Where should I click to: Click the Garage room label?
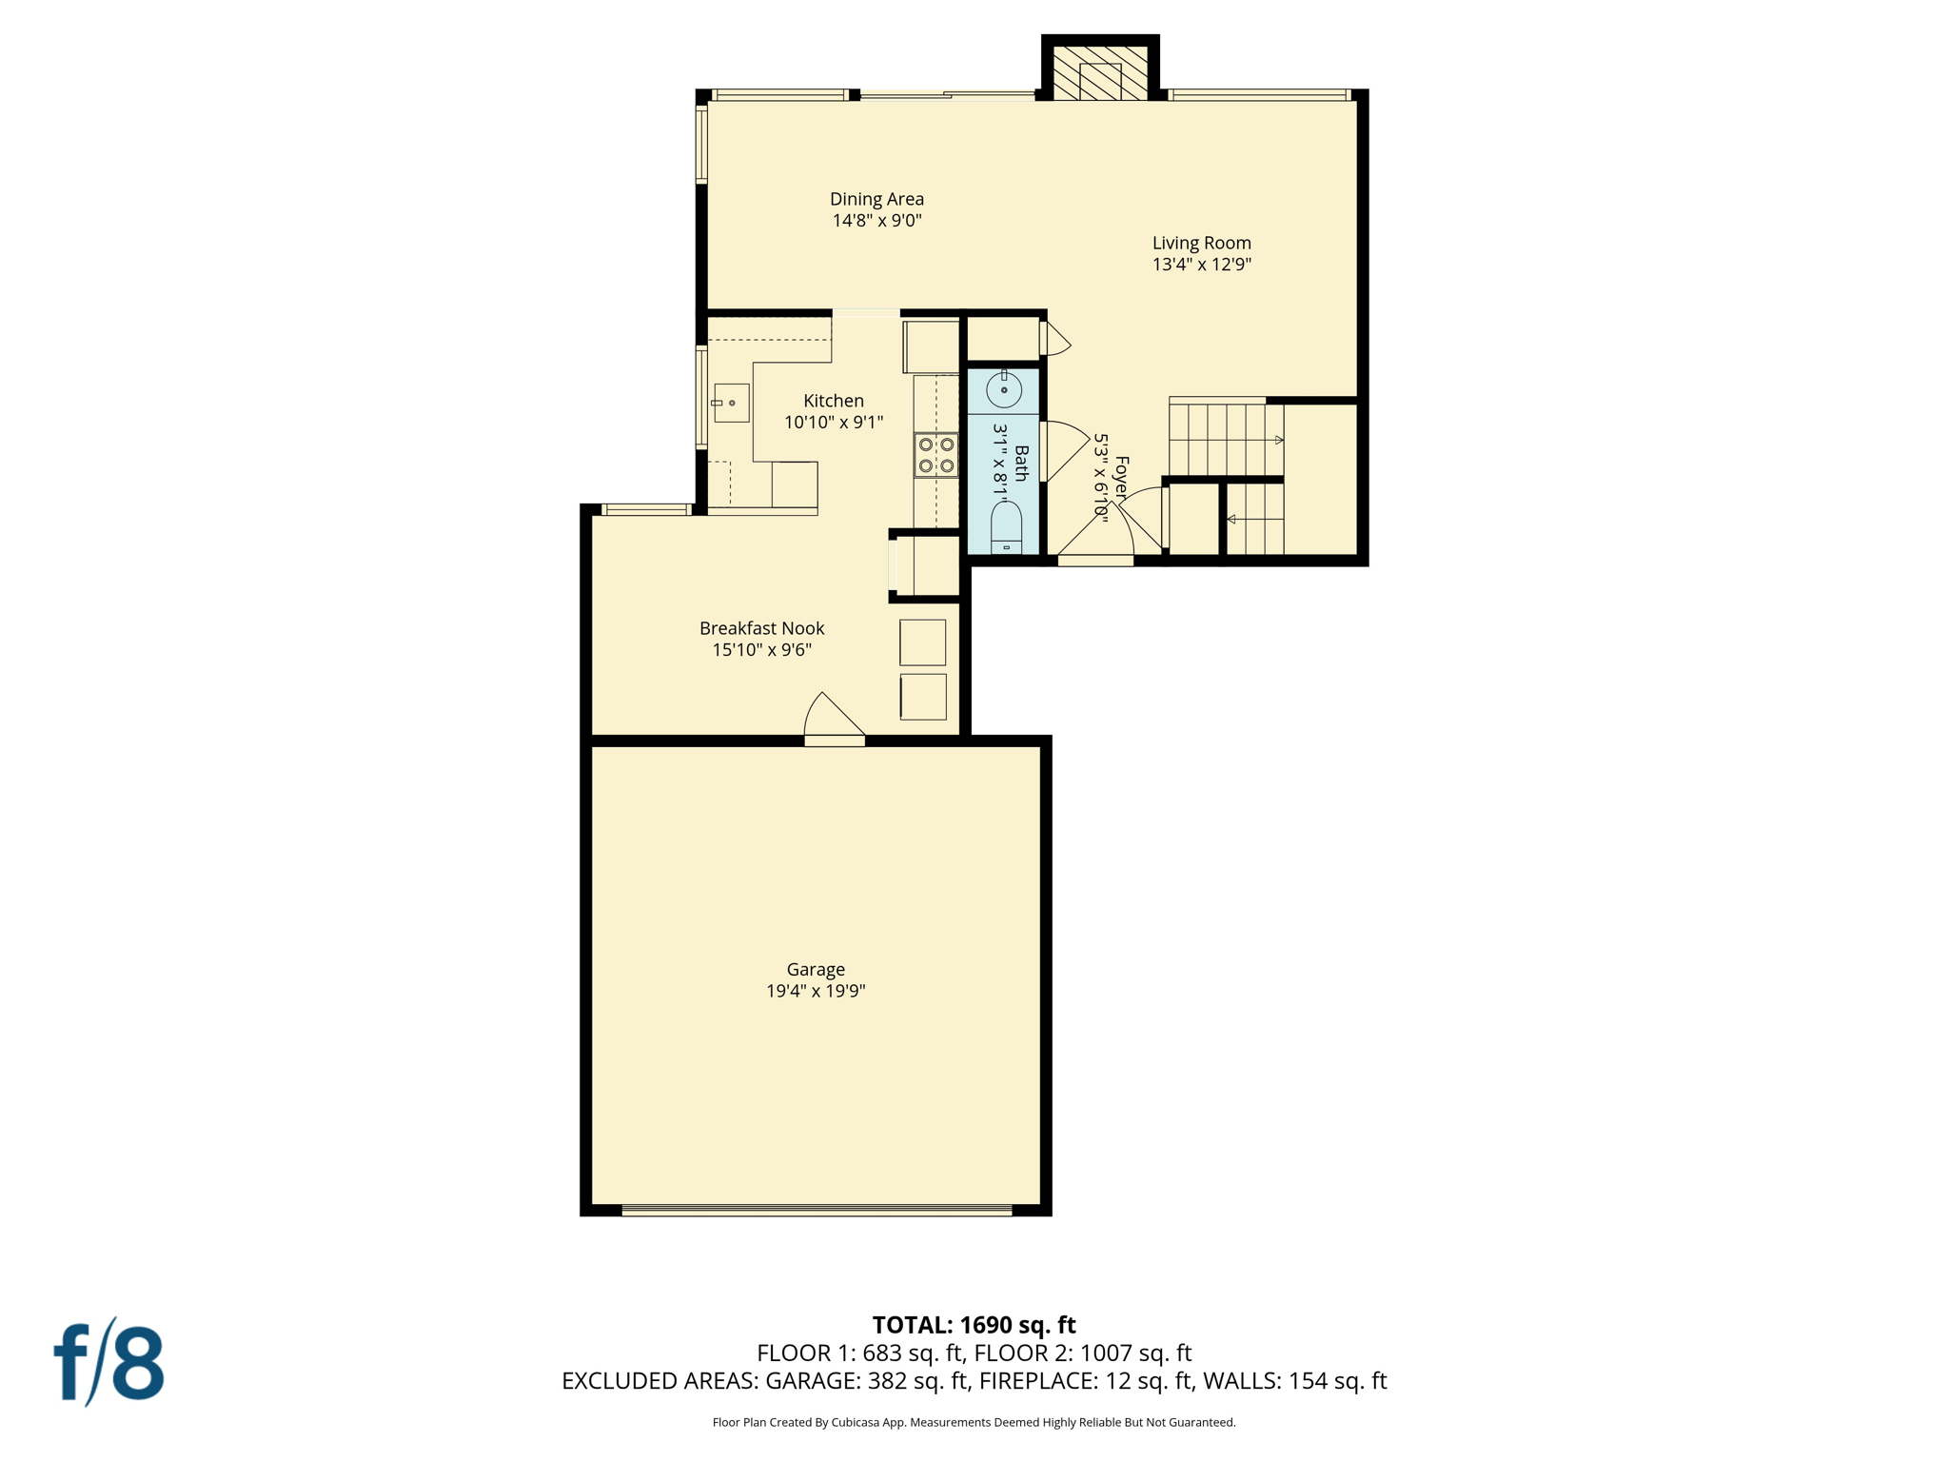816,969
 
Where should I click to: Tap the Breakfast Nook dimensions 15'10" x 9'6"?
761,650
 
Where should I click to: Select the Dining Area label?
876,199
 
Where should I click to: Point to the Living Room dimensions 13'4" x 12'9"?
1201,265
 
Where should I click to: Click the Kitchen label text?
834,401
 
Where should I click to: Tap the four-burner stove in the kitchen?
936,455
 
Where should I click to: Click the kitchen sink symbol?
731,403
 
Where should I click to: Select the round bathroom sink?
1003,389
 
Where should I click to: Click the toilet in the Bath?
1006,528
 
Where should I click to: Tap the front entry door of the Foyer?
1096,543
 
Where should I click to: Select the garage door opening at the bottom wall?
817,1211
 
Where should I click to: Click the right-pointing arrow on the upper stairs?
1278,440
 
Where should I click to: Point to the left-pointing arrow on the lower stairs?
1231,519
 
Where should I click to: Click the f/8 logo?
108,1362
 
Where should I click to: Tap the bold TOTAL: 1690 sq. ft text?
974,1324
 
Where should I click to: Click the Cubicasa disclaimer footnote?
974,1422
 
